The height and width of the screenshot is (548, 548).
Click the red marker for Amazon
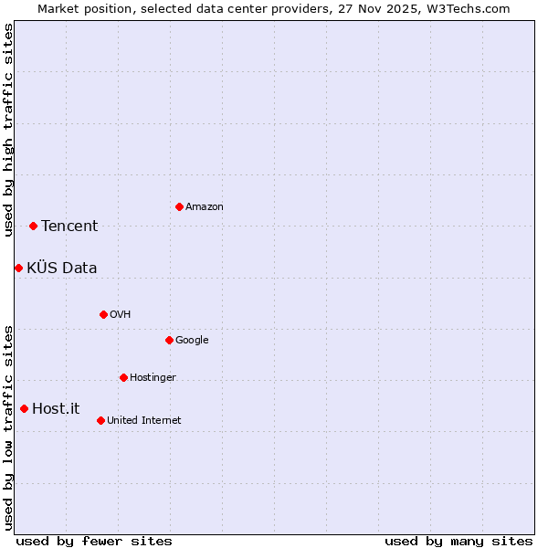pyautogui.click(x=179, y=206)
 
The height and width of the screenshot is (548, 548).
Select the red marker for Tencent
pyautogui.click(x=33, y=226)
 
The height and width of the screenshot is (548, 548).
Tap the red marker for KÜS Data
pyautogui.click(x=18, y=268)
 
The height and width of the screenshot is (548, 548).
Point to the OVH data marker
pyautogui.click(x=103, y=314)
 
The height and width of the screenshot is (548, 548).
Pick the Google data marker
pyautogui.click(x=169, y=340)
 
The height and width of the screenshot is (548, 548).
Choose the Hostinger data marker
pyautogui.click(x=123, y=377)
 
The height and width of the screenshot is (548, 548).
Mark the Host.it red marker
pyautogui.click(x=24, y=408)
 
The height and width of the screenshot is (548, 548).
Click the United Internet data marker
pyautogui.click(x=100, y=420)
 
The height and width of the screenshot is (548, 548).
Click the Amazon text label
pyautogui.click(x=205, y=207)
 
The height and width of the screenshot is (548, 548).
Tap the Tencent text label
pyautogui.click(x=69, y=227)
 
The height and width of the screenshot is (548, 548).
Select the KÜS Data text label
pyautogui.click(x=62, y=269)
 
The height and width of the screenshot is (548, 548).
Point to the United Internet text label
pyautogui.click(x=144, y=421)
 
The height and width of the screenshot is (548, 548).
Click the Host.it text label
pyautogui.click(x=56, y=409)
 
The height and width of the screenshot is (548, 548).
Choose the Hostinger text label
pyautogui.click(x=153, y=378)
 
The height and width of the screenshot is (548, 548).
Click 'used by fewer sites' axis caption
pyautogui.click(x=94, y=541)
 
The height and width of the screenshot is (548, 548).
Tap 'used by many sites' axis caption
pyautogui.click(x=458, y=541)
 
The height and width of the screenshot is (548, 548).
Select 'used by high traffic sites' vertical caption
pyautogui.click(x=8, y=130)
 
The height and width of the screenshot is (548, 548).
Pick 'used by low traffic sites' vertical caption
pyautogui.click(x=8, y=427)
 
